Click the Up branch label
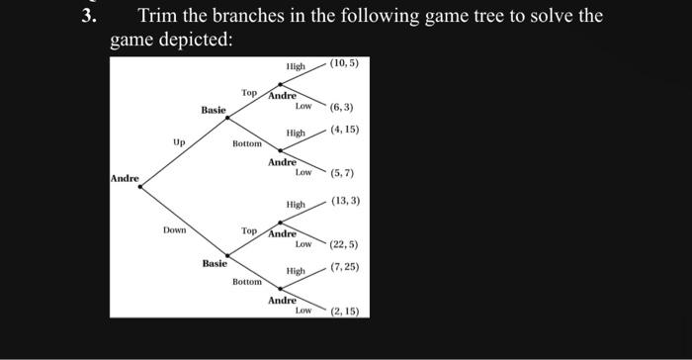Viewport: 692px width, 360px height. click(x=178, y=142)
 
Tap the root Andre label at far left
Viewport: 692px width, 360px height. click(x=125, y=178)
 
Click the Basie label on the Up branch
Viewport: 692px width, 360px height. click(x=214, y=110)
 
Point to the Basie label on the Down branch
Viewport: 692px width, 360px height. click(x=215, y=264)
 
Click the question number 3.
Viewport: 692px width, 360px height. click(x=89, y=17)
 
